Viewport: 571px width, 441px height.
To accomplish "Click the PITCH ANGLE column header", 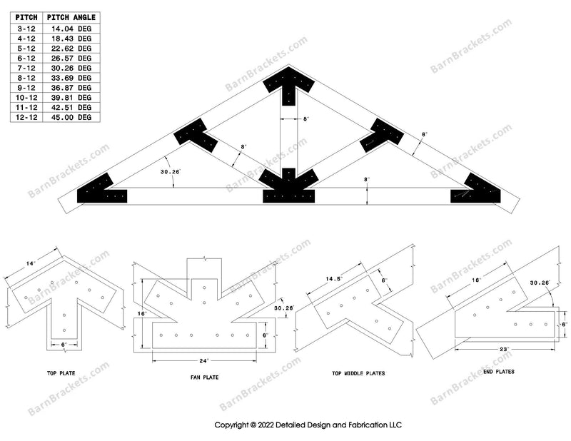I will point(71,18).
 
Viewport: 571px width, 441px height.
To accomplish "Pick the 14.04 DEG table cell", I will point(74,28).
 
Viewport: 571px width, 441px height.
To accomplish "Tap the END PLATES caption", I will point(500,372).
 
